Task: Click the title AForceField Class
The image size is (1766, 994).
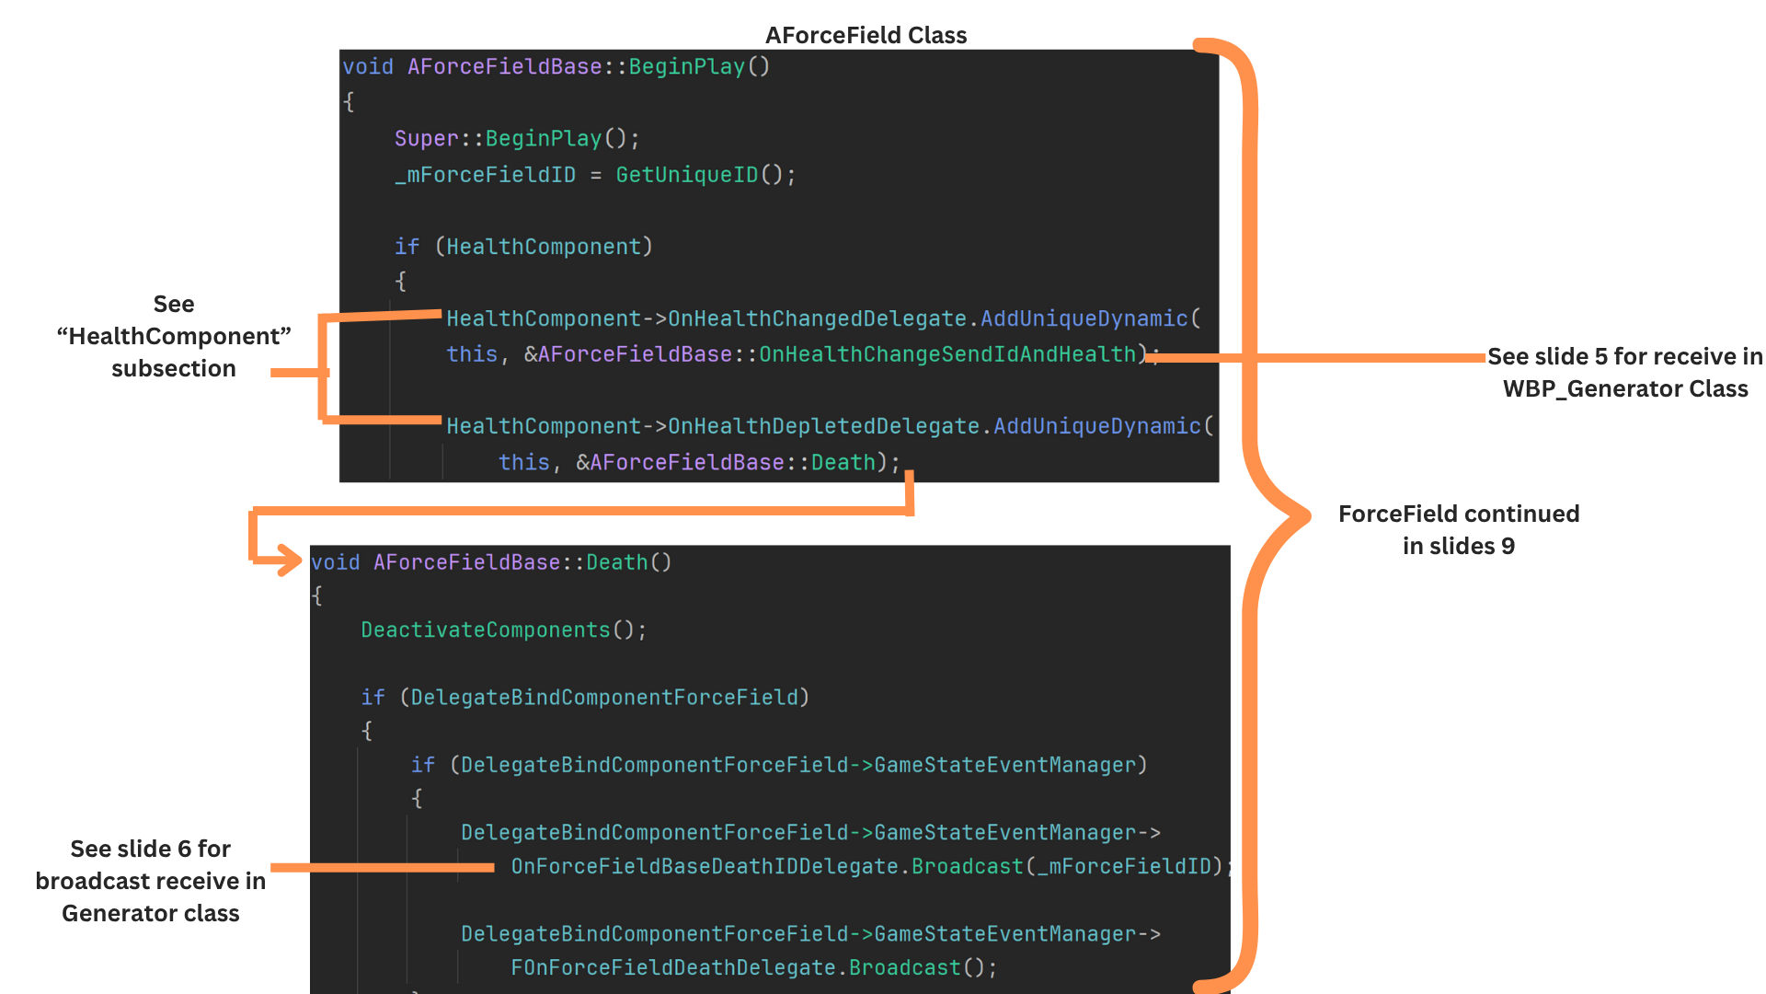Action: tap(866, 35)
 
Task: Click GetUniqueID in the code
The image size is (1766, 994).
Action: tap(686, 175)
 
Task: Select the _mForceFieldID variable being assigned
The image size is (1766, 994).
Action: tap(486, 175)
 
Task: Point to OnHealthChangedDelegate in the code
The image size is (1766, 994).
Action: tap(817, 318)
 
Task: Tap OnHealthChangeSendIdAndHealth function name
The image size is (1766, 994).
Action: tap(947, 354)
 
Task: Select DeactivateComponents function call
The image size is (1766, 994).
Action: tap(486, 630)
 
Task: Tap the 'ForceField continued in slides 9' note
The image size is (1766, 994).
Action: tap(1458, 529)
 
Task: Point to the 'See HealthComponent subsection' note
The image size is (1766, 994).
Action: tap(174, 336)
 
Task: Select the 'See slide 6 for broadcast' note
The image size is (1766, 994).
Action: tap(151, 881)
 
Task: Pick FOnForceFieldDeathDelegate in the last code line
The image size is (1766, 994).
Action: tap(673, 968)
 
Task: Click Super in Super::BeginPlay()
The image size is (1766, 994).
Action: tap(426, 139)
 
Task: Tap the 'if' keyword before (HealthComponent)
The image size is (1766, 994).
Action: tap(407, 247)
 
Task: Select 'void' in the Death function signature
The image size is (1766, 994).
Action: tap(335, 562)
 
